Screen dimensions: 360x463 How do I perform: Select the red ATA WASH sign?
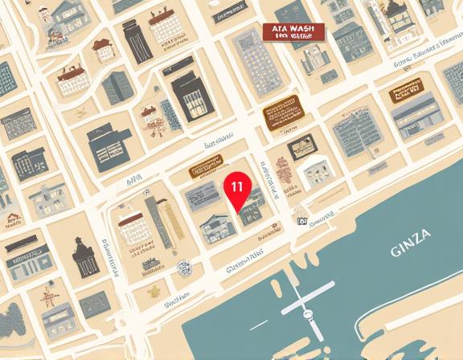[x=293, y=32]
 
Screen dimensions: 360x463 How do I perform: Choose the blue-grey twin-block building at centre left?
[x=104, y=147]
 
